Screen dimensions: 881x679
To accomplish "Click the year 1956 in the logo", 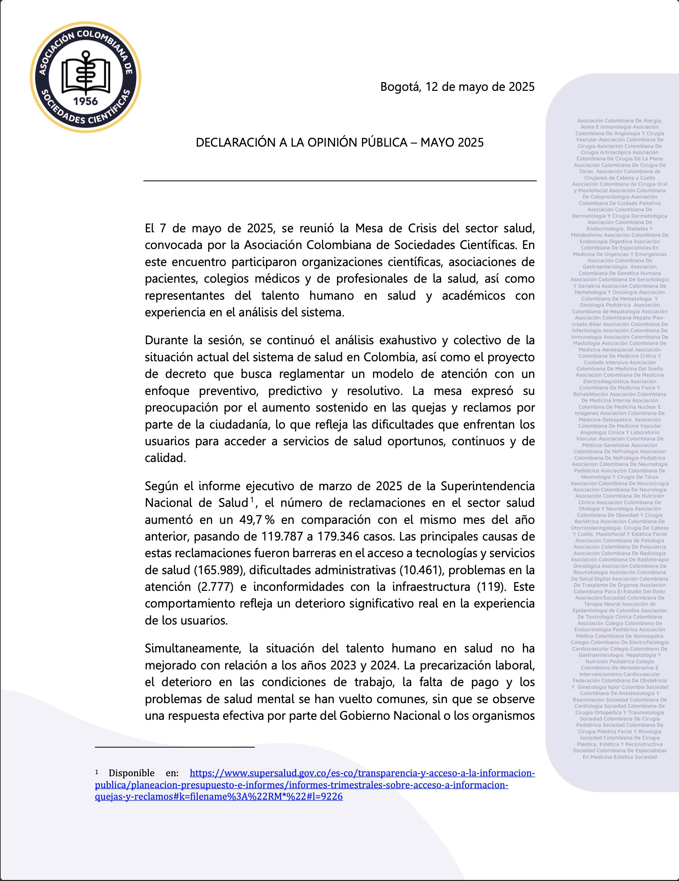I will coord(85,101).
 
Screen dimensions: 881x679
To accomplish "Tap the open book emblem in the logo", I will coord(85,74).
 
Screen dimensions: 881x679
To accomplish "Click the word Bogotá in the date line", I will coord(399,87).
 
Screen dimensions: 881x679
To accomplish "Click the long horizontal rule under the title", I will coord(340,181).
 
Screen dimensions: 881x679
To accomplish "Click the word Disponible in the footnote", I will coord(132,773).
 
